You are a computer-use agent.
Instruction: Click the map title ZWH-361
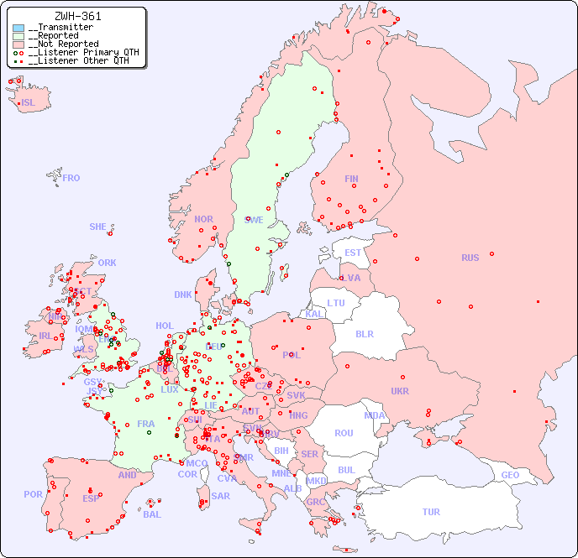click(x=77, y=16)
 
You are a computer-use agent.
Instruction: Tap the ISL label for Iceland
click(x=29, y=103)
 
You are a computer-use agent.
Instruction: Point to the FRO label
click(x=71, y=178)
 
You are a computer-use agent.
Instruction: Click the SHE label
click(x=97, y=227)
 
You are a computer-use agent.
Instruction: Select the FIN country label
click(x=351, y=179)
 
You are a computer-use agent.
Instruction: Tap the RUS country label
click(x=470, y=258)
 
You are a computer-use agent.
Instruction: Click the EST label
click(x=353, y=253)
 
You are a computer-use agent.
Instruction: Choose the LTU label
click(x=336, y=303)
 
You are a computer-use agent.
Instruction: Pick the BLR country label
click(x=364, y=333)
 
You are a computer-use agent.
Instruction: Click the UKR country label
click(x=399, y=391)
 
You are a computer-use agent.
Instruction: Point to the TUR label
click(x=431, y=512)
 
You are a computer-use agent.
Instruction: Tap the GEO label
click(x=510, y=475)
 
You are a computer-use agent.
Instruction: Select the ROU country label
click(x=344, y=433)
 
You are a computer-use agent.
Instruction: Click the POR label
click(x=33, y=494)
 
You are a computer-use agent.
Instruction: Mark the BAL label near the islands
click(x=152, y=514)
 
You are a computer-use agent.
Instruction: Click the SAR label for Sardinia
click(x=220, y=496)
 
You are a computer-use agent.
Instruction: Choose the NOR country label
click(x=203, y=219)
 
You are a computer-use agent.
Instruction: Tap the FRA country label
click(x=146, y=424)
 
